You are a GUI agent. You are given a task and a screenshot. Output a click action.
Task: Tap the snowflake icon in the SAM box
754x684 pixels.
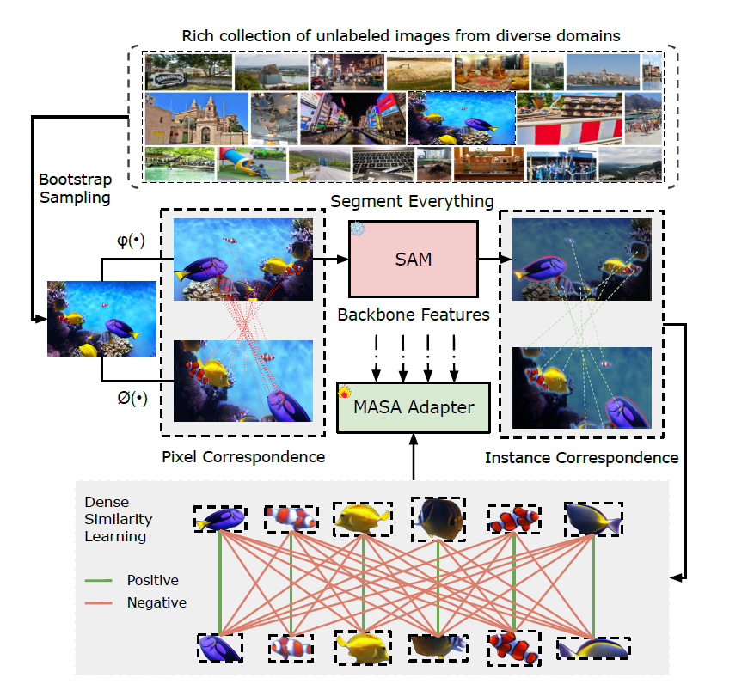click(357, 229)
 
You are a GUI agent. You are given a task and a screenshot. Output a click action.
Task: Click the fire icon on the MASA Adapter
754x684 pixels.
click(346, 392)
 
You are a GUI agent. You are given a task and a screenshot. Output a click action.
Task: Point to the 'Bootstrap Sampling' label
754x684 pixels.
click(74, 189)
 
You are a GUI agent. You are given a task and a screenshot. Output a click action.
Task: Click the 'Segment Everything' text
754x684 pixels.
click(412, 201)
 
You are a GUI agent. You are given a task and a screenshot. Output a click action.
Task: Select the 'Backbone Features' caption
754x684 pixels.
click(414, 315)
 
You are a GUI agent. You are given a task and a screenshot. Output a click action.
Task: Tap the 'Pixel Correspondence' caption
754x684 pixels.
click(243, 457)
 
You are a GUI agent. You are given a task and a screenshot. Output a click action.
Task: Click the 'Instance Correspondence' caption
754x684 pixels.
click(581, 457)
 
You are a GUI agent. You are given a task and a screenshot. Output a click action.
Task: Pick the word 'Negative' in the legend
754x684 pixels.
click(156, 602)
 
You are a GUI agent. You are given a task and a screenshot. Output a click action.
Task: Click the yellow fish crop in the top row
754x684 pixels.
click(364, 518)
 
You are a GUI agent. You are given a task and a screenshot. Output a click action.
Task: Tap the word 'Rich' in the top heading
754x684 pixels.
click(196, 35)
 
